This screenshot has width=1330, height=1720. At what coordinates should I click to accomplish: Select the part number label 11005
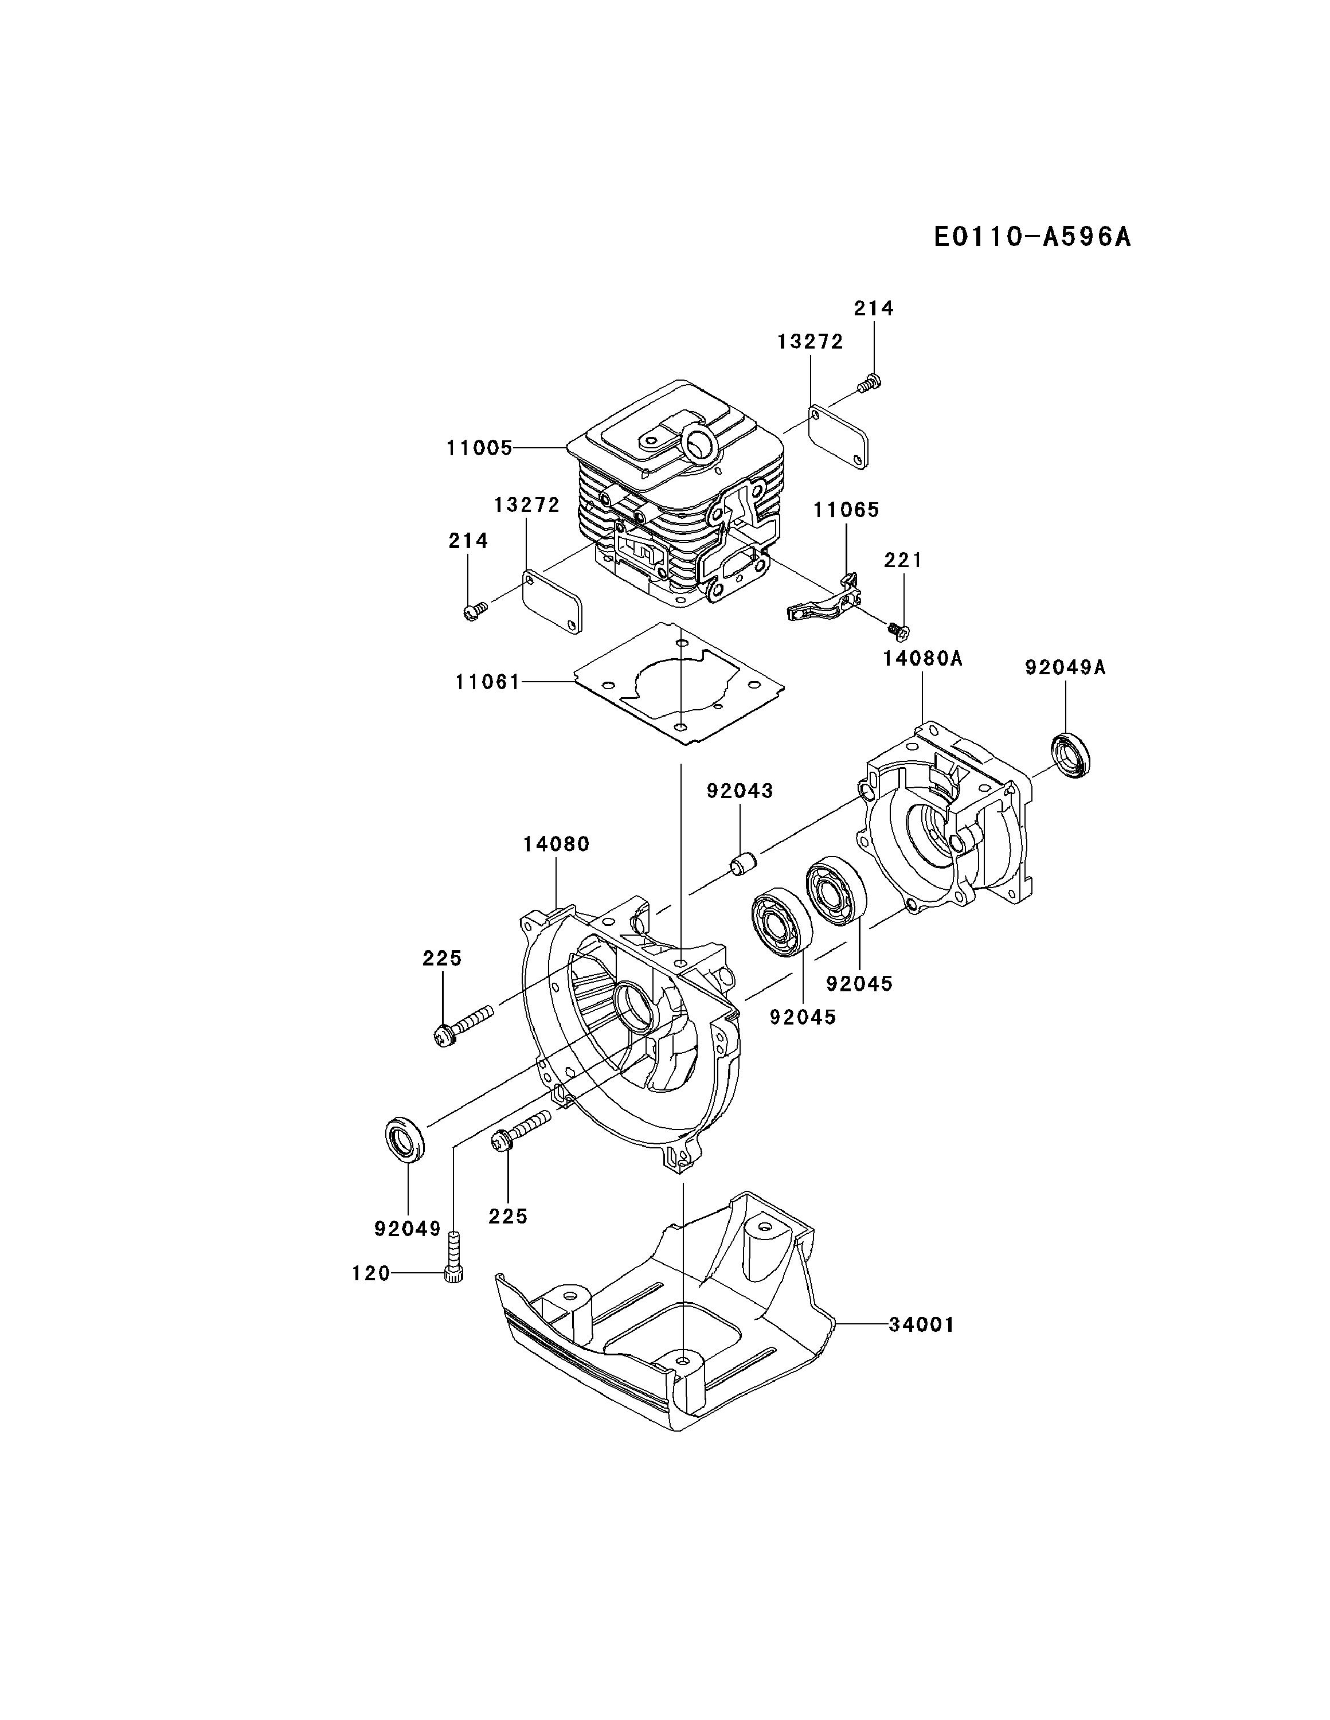(479, 449)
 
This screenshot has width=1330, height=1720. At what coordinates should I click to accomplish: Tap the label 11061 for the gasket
(487, 682)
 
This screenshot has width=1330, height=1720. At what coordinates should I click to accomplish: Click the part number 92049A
(1065, 668)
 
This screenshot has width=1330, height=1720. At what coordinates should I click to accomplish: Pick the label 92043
(740, 791)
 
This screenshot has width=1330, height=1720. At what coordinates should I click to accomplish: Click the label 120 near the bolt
(371, 1273)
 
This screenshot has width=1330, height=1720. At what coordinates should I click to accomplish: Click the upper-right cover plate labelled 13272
(839, 436)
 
